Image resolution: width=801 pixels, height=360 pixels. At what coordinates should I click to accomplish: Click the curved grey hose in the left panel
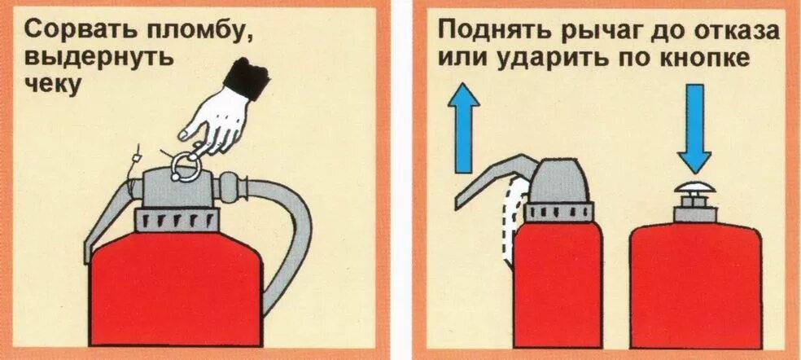pos(289,236)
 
